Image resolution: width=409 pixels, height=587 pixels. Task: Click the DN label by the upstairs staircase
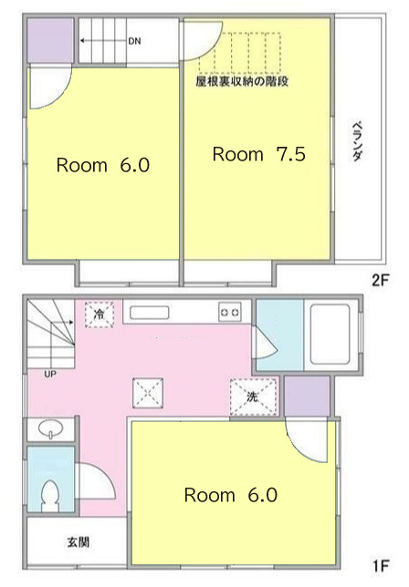coord(134,41)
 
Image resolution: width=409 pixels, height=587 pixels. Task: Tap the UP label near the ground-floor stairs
coord(50,374)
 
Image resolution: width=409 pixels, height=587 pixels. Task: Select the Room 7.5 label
coord(259,154)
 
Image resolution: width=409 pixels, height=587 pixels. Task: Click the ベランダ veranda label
coord(358,141)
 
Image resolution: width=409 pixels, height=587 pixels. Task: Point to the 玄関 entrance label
coord(79,541)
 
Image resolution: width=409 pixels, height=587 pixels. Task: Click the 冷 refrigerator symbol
coord(100,314)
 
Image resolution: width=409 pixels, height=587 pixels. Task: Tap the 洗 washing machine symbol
coord(254,396)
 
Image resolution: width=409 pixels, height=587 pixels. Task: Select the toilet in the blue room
coord(50,497)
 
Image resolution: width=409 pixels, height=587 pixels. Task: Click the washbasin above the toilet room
coord(50,428)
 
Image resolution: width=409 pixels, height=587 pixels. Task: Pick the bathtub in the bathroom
coord(330,334)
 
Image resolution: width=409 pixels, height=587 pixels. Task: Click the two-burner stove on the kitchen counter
coord(230,312)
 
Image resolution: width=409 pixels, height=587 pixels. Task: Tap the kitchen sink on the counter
coord(149,313)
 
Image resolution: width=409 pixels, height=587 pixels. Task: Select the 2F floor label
coord(381,280)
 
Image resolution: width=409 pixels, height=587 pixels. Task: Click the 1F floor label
coord(382,565)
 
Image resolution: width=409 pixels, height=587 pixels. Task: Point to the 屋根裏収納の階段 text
coord(242,81)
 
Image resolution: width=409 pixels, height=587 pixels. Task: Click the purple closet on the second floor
coord(50,40)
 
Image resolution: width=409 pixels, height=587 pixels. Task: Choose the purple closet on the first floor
coord(308,396)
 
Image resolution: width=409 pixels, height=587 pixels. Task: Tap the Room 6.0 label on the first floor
coord(231,495)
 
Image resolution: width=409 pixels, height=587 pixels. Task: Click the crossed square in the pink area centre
coord(148,393)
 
